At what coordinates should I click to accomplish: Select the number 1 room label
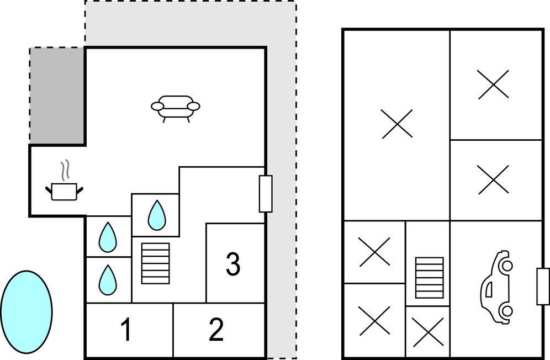(126, 330)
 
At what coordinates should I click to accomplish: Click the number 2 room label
(216, 330)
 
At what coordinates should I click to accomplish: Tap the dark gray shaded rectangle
(57, 96)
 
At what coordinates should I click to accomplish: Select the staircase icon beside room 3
(156, 263)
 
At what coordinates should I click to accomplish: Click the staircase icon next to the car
(429, 277)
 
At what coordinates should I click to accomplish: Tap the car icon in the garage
(496, 287)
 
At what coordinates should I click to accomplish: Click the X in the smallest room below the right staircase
(429, 332)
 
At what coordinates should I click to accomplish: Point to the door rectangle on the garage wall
(543, 285)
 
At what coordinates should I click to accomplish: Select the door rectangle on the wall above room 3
(266, 193)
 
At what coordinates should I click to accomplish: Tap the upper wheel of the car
(505, 266)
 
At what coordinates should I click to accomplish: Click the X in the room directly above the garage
(493, 180)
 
